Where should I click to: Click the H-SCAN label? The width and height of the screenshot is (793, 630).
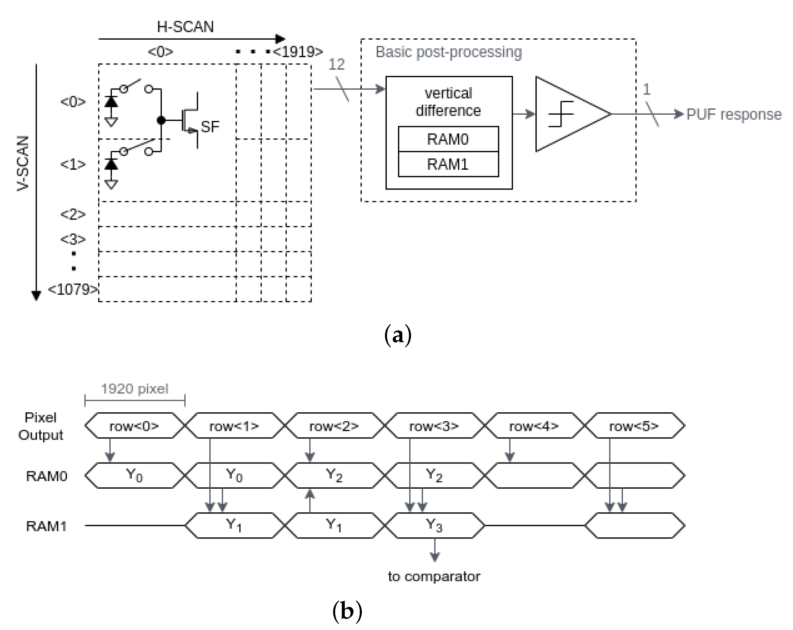point(185,27)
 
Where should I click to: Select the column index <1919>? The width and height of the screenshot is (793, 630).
point(298,52)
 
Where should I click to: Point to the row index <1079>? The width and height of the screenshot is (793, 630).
point(73,289)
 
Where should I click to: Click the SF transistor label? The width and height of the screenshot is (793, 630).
point(210,127)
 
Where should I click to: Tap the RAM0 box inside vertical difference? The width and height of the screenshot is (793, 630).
point(448,139)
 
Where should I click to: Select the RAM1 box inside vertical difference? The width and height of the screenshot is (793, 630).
point(448,164)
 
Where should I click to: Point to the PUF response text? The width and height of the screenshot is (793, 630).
point(734,115)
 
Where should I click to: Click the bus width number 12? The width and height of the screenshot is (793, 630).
point(336,65)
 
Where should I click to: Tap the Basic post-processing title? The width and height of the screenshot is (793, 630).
point(448,52)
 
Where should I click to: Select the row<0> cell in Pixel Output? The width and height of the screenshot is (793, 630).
point(134,426)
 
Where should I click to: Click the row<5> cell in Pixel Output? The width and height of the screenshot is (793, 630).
point(634,426)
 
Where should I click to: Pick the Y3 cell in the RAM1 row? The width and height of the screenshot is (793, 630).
point(434,526)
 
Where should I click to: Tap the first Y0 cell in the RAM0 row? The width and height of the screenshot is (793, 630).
point(134,475)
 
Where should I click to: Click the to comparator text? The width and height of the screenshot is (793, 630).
point(434,576)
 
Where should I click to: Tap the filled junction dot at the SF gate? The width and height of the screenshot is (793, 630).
point(161,120)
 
